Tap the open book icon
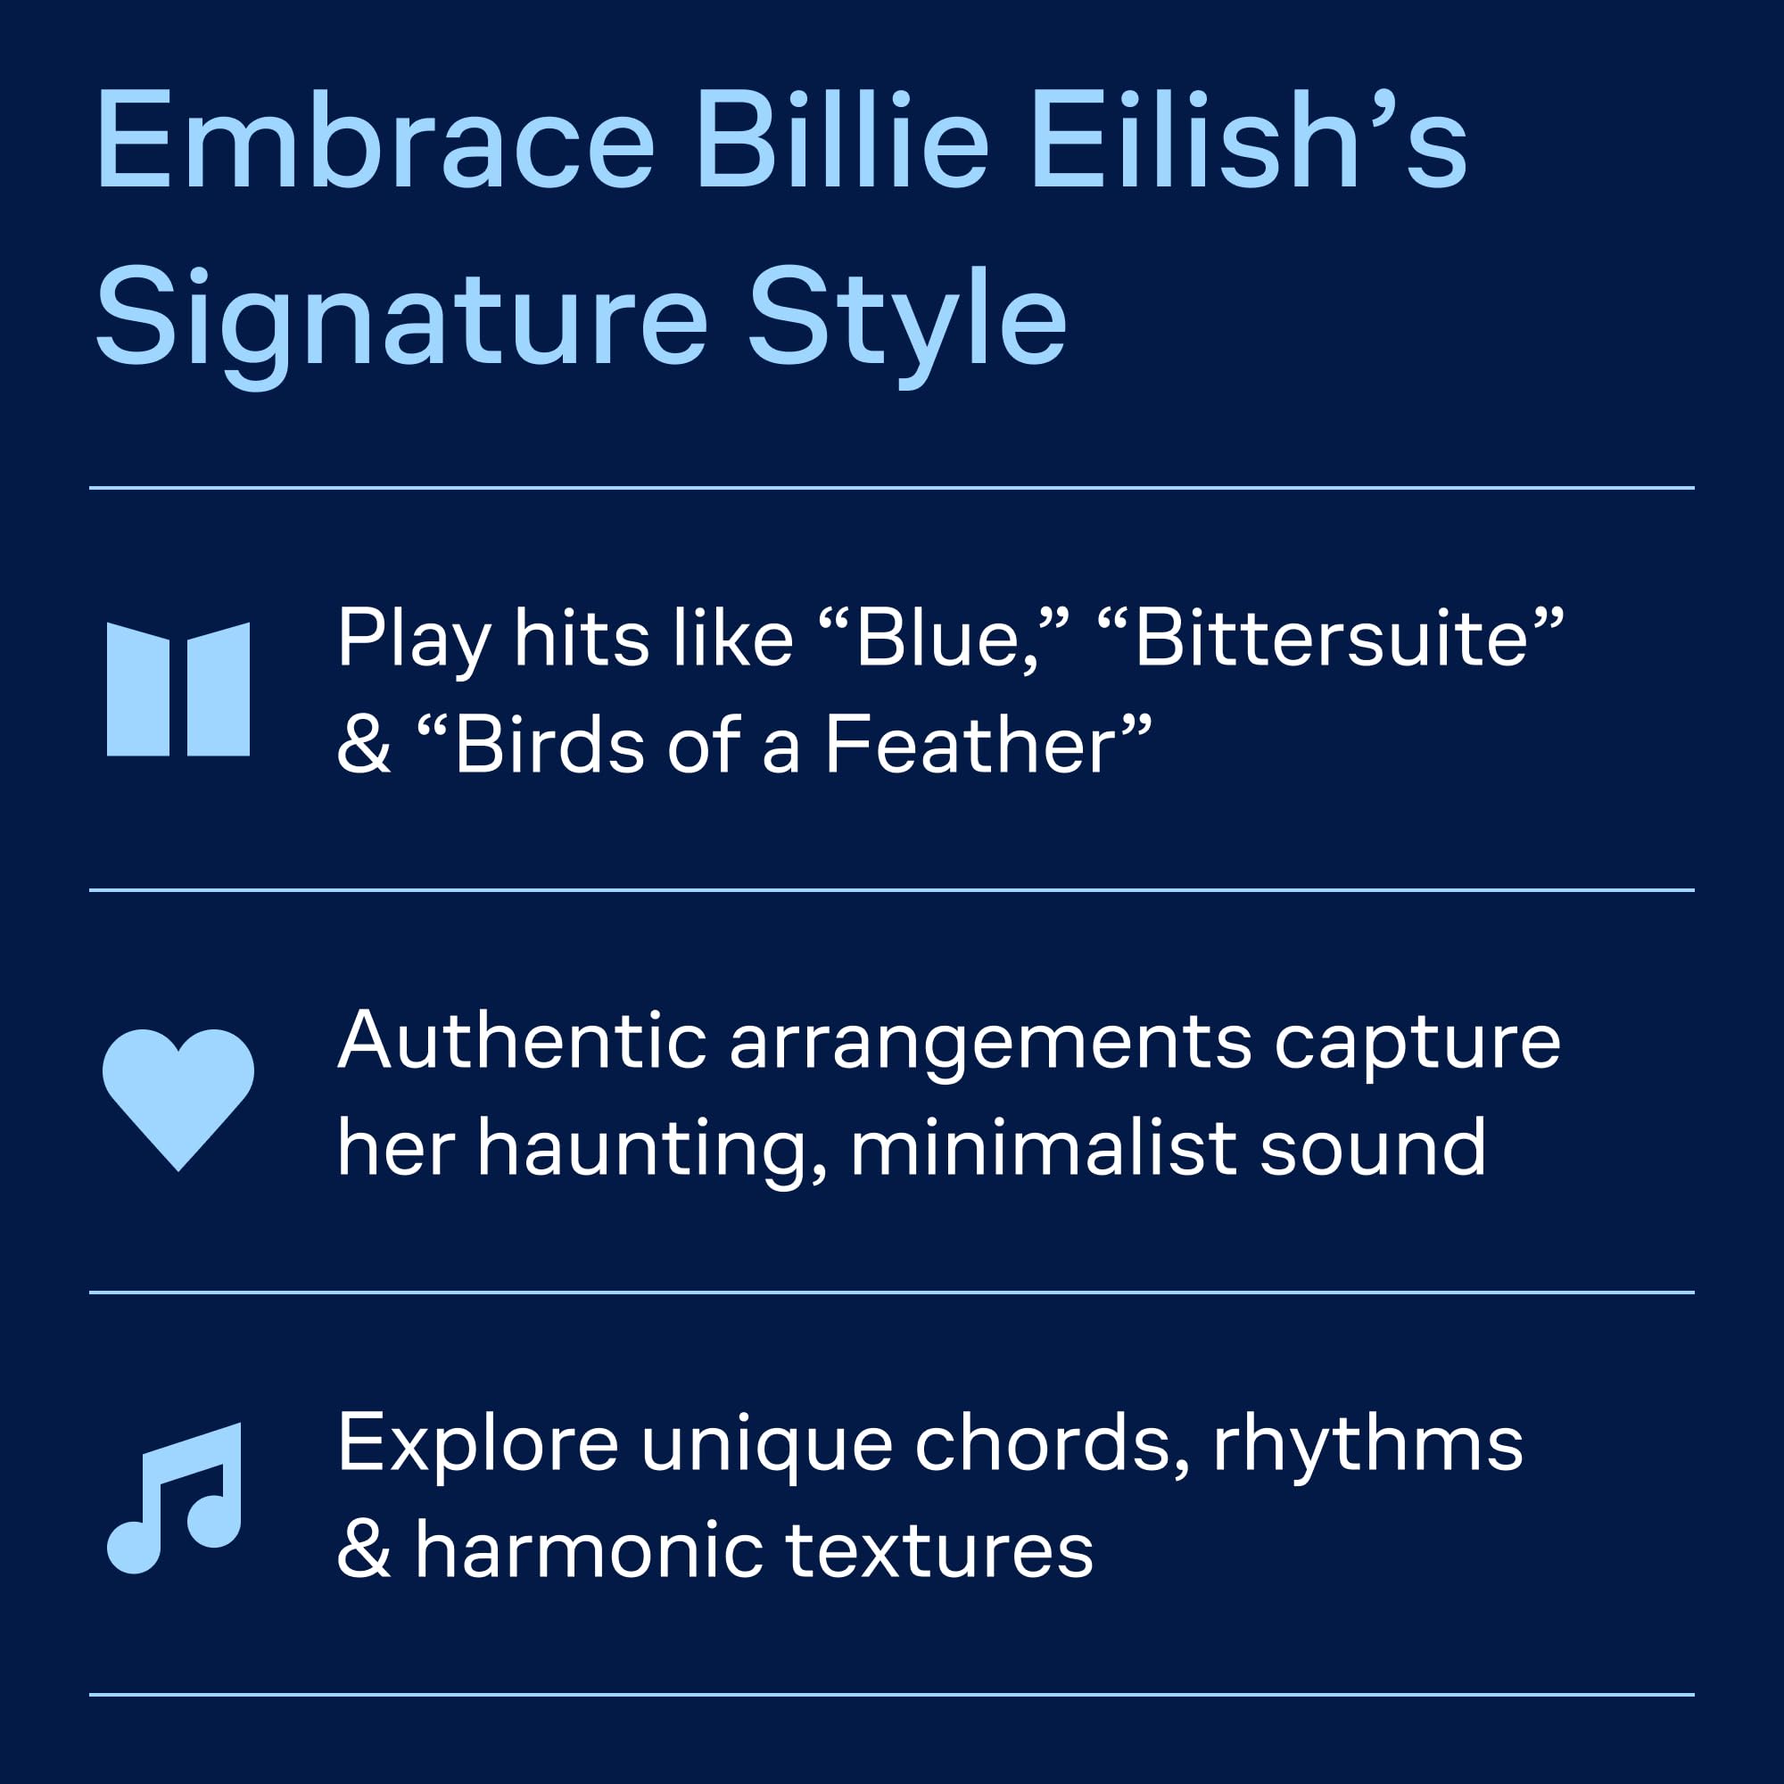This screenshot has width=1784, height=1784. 178,689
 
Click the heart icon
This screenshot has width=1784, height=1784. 178,1099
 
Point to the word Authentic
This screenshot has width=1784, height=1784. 523,1041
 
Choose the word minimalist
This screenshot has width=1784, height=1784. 1044,1149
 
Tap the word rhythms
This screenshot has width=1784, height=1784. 1367,1444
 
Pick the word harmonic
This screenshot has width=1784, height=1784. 588,1551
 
